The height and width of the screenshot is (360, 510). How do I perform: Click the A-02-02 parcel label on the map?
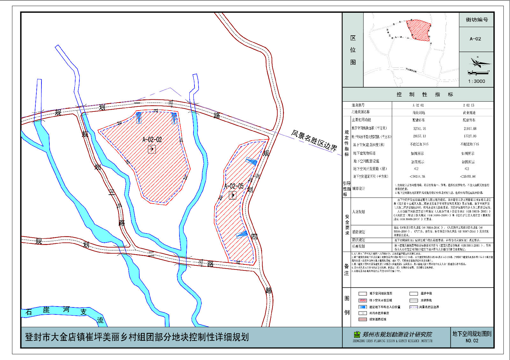(152, 140)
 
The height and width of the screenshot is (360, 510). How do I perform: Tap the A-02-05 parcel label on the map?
(234, 186)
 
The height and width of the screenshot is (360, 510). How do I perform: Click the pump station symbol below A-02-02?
(152, 149)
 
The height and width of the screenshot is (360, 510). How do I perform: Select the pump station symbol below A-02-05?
(233, 195)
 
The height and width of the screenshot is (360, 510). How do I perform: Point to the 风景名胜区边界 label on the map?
(314, 140)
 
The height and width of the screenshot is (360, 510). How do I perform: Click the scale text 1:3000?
(477, 81)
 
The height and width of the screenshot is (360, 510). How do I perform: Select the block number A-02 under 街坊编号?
(475, 39)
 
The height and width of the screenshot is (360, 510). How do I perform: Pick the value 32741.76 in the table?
(419, 129)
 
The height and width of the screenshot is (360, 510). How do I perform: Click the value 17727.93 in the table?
(470, 136)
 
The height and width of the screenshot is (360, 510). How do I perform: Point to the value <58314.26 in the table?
(417, 176)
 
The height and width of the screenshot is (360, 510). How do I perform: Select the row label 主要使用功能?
(361, 120)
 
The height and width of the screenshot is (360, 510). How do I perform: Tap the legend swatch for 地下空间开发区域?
(362, 300)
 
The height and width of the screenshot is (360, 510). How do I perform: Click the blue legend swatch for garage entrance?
(362, 307)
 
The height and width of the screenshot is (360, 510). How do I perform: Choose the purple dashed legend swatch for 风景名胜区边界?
(413, 307)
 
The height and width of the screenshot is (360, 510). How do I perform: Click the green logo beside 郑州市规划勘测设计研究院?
(357, 335)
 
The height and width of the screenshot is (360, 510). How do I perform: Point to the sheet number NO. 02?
(472, 341)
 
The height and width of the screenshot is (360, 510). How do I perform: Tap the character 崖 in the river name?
(47, 310)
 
